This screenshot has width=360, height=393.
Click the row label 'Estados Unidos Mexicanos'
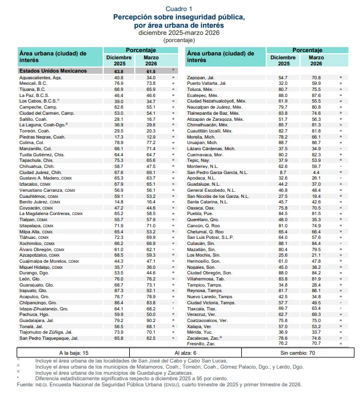[x=53, y=71]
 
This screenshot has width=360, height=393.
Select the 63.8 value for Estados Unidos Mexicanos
[x=119, y=71]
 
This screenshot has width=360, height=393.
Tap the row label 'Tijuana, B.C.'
[x=34, y=89]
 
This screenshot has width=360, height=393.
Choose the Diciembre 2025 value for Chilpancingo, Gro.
[x=119, y=302]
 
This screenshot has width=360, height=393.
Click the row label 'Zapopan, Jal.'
[x=201, y=77]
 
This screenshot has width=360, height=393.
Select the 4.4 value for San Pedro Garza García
[x=316, y=173]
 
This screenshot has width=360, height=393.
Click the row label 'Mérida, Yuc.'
[x=201, y=331]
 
